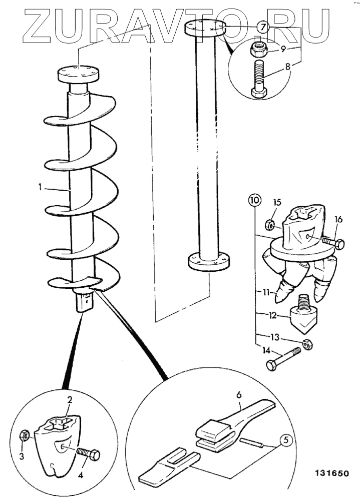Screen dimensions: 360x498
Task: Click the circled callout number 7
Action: tap(262, 28)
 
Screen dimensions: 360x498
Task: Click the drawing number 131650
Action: tap(332, 473)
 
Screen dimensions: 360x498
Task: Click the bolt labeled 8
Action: tap(259, 79)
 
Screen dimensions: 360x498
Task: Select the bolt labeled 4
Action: tap(88, 453)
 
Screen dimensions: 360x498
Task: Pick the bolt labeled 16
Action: tap(333, 243)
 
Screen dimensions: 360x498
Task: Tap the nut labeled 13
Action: tap(307, 344)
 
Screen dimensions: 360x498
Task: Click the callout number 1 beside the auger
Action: tap(40, 187)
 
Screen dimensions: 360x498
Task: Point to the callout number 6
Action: tap(239, 395)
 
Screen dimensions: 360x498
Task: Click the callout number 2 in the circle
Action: tap(70, 399)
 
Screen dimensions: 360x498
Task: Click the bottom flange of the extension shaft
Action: tap(209, 261)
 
